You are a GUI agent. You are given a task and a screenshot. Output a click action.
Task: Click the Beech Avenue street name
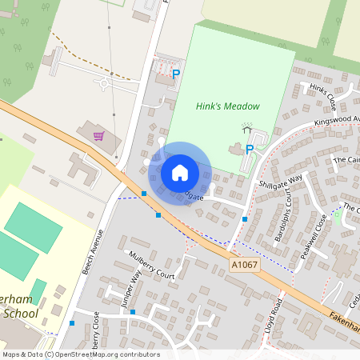click(94, 252)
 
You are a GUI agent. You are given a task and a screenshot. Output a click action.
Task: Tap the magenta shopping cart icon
click(98, 136)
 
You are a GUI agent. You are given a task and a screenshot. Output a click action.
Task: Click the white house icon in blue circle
click(179, 172)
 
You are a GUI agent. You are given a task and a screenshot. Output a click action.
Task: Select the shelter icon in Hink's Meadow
click(247, 128)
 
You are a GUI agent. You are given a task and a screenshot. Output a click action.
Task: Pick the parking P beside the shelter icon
click(250, 149)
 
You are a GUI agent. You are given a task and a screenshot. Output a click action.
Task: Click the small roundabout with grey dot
click(104, 82)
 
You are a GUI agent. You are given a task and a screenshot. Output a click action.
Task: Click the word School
click(19, 314)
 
